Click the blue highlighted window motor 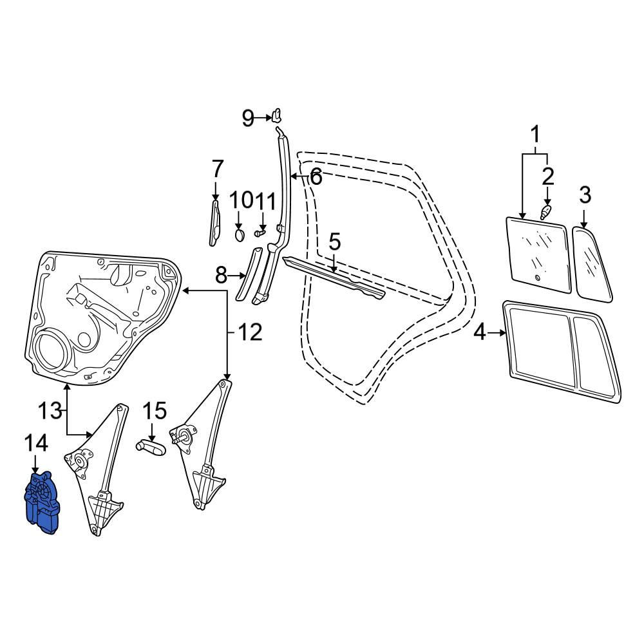click(43, 504)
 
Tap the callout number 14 click(36, 444)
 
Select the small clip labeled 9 click(277, 115)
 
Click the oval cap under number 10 click(240, 236)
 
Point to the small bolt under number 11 click(259, 233)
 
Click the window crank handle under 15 click(151, 447)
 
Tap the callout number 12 click(250, 332)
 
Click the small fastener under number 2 click(545, 213)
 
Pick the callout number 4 click(479, 333)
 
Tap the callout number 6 click(316, 178)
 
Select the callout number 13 click(50, 411)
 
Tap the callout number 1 click(535, 135)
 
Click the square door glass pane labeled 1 click(538, 256)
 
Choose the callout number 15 click(155, 411)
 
